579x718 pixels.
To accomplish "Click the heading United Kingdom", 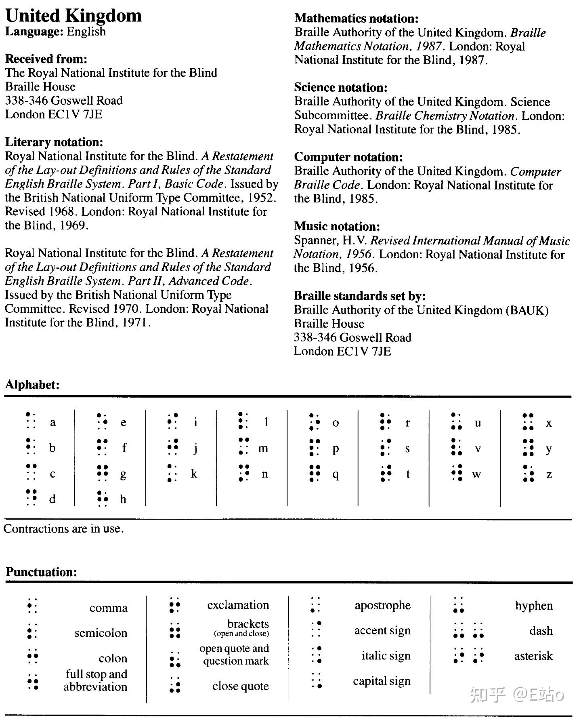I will click(73, 16).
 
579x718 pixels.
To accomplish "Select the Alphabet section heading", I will click(32, 385).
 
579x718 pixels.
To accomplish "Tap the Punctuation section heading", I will click(41, 572).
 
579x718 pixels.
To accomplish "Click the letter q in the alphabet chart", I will click(336, 474).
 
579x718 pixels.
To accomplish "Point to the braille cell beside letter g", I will click(103, 473).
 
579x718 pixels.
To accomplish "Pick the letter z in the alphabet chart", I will click(549, 474).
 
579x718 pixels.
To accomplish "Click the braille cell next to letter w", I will click(457, 473).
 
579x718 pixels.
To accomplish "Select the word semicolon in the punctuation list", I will click(101, 633).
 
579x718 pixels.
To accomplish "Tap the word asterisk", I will click(533, 656).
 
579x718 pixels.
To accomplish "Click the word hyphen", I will click(534, 605).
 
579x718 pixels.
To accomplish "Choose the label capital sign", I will click(382, 681).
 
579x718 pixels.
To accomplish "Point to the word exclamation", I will click(238, 605).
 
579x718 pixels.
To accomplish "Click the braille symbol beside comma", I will click(31, 606).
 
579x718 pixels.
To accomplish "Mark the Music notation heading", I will click(337, 226).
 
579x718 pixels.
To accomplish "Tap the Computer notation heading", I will click(348, 157).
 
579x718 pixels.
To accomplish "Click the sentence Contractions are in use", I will click(63, 528).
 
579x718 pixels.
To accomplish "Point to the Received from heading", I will click(46, 59).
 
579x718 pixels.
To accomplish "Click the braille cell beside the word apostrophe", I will click(315, 605).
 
